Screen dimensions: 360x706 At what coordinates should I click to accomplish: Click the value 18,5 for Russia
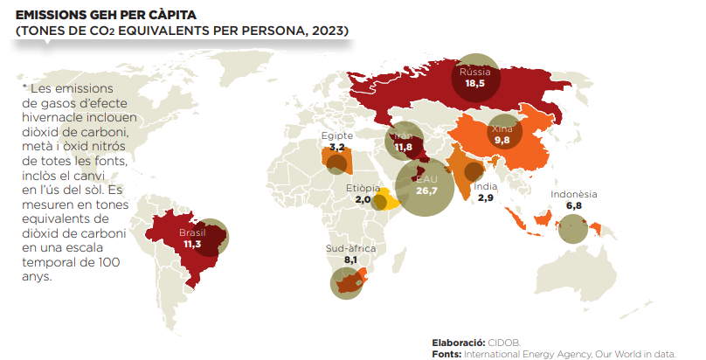tap(474, 84)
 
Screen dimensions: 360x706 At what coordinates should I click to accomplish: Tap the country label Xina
tap(502, 128)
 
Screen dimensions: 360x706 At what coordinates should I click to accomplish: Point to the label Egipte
tap(336, 135)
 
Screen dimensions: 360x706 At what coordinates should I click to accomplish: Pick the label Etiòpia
tap(363, 188)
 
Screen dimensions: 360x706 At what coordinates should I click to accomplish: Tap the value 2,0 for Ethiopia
tap(363, 199)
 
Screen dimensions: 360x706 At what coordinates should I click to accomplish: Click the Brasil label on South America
tap(192, 233)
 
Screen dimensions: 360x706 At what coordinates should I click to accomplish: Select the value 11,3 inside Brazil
tap(193, 245)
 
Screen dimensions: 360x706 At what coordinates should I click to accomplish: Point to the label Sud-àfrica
tap(350, 249)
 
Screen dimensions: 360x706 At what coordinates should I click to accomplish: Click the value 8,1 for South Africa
tap(350, 260)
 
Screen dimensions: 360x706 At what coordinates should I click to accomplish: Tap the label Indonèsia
tap(574, 194)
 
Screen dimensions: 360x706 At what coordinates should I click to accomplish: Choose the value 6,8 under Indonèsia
tap(574, 205)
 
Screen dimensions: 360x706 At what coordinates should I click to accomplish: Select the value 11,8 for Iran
tap(403, 148)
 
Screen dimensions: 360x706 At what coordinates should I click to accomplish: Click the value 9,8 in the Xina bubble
tap(502, 140)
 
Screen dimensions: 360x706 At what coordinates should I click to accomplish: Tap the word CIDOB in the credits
tap(502, 343)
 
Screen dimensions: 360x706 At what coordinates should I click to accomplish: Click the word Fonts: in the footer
tap(446, 354)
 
